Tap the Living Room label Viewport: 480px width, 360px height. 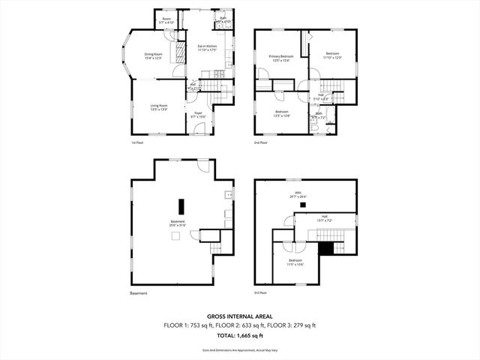point(158,107)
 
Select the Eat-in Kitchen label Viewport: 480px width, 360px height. point(207,48)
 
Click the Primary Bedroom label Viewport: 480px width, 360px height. point(280,58)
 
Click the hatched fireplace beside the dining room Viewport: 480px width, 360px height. point(179,52)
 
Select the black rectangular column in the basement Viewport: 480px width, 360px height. point(181,206)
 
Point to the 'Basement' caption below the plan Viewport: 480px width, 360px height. point(139,292)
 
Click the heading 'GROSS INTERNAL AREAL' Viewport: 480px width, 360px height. point(240,317)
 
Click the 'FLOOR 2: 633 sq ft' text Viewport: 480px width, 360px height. point(240,325)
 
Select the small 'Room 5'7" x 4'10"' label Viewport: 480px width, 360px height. point(166,21)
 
